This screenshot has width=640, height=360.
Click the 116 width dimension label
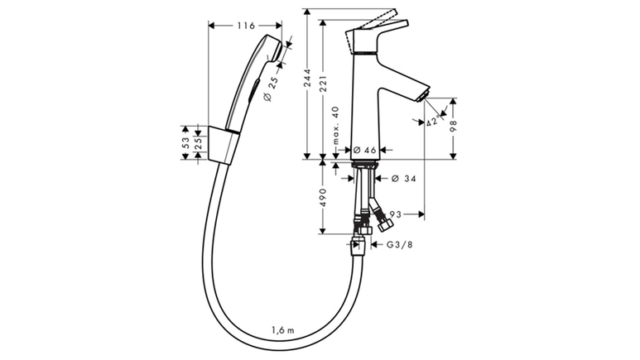246,26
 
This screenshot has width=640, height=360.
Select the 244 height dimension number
308,78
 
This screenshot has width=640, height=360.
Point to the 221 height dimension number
323,84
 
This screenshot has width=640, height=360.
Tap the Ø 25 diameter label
271,89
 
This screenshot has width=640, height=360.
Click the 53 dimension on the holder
185,143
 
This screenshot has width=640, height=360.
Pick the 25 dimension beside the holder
198,143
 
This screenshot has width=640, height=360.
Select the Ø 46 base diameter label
364,150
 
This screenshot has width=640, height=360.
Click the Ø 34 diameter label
404,179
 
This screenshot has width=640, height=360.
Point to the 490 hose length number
323,197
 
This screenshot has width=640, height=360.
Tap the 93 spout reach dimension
396,214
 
